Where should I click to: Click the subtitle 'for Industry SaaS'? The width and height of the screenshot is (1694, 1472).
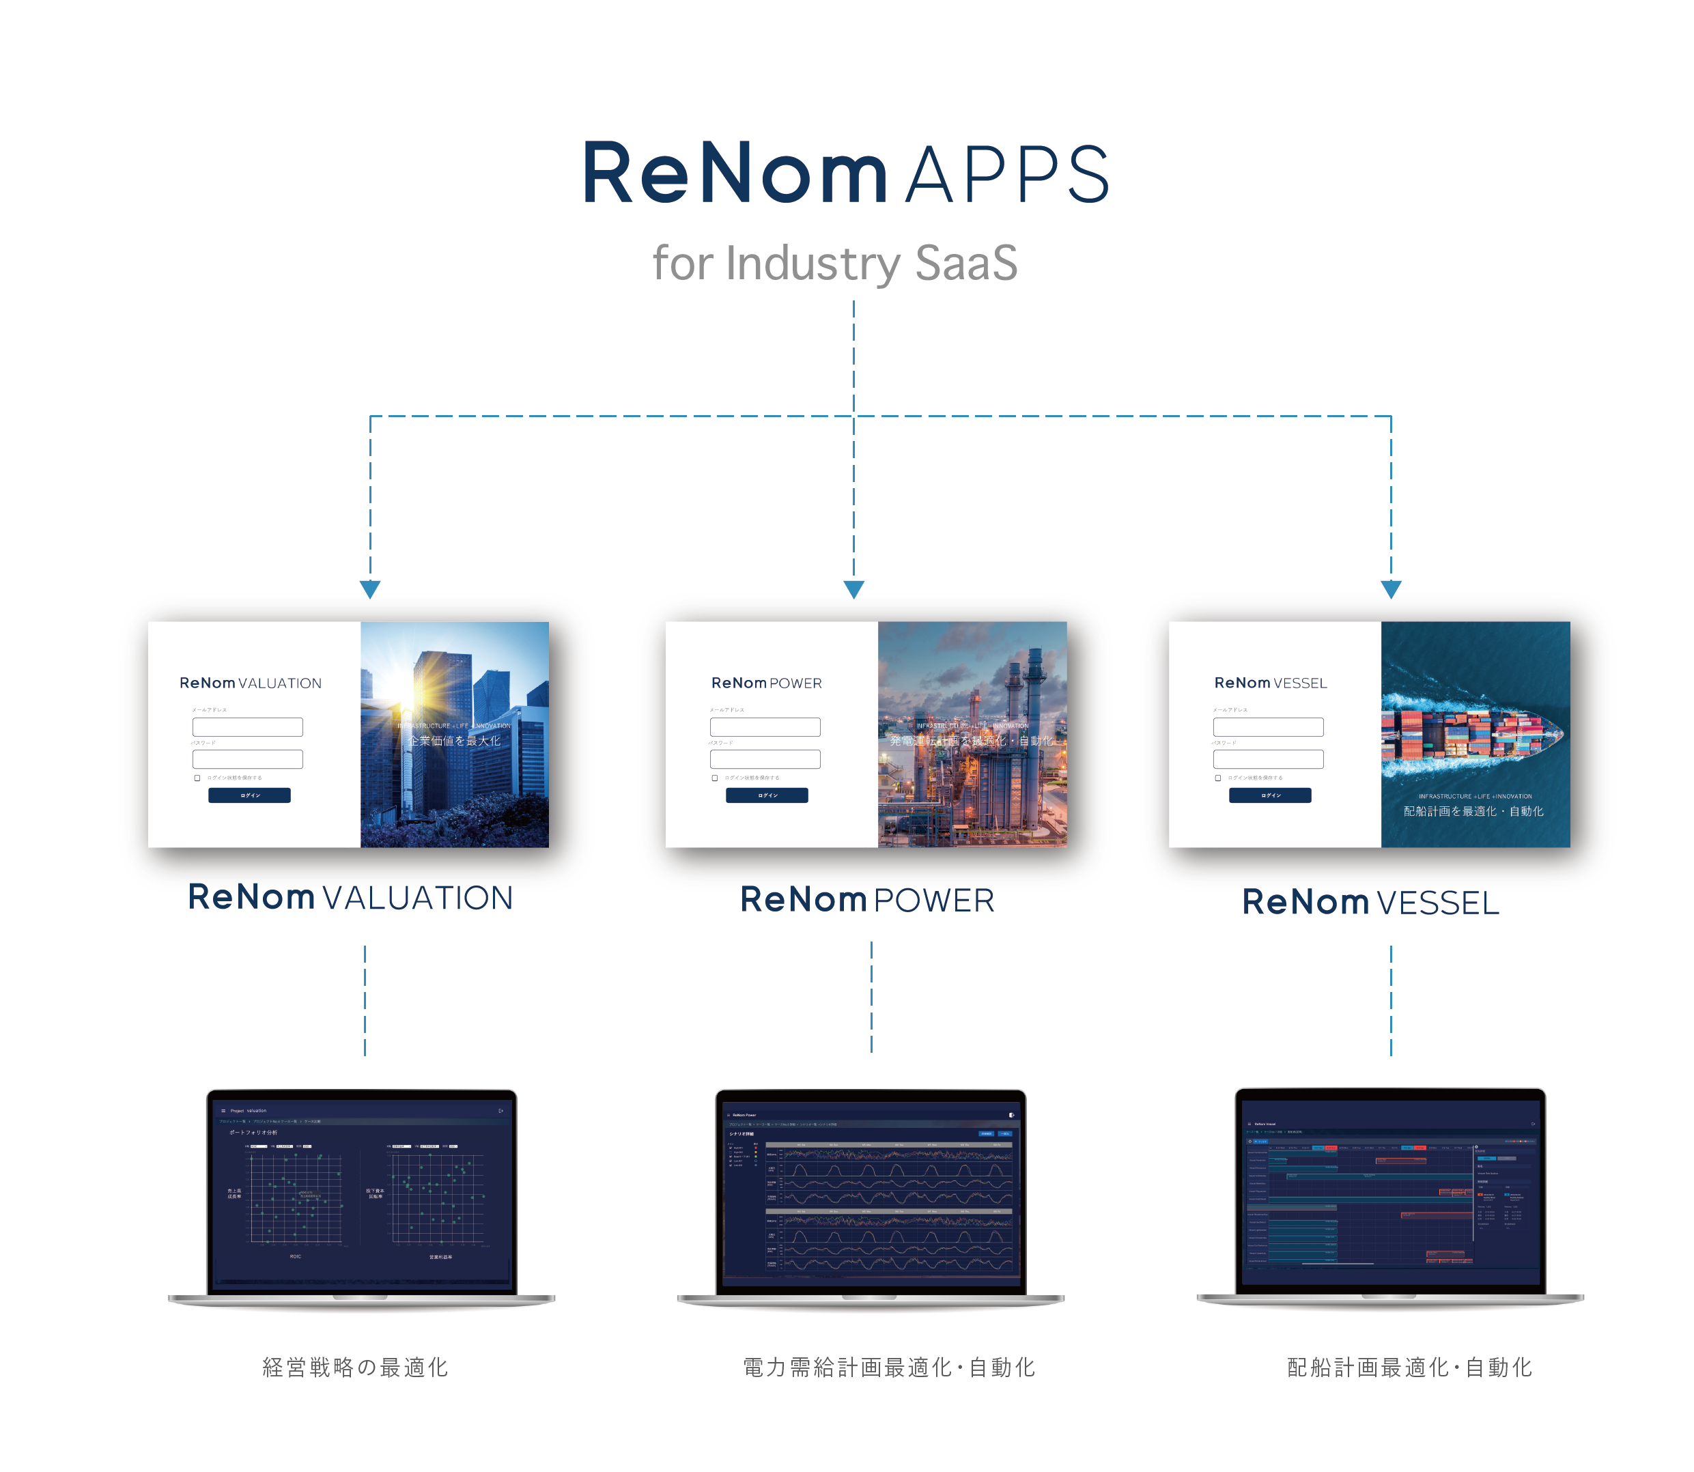[x=834, y=264]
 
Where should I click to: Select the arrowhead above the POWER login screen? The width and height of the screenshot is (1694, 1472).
[x=853, y=589]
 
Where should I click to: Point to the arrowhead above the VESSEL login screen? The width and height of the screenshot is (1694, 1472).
[x=1390, y=589]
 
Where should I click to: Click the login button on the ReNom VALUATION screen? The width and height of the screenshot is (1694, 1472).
[x=249, y=795]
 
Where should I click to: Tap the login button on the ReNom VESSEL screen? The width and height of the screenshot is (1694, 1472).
[x=1269, y=795]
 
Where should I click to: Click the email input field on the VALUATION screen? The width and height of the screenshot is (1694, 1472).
[x=247, y=727]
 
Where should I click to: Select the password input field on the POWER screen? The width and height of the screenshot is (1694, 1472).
[x=765, y=759]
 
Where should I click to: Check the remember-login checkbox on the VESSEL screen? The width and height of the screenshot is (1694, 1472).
[x=1217, y=778]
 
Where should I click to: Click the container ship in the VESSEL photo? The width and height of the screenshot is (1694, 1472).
[x=1471, y=733]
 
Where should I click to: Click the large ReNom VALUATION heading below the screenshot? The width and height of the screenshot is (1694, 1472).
[x=350, y=898]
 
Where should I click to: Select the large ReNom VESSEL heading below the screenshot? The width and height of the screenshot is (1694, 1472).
[x=1370, y=903]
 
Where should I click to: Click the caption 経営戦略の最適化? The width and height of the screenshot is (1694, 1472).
[x=355, y=1368]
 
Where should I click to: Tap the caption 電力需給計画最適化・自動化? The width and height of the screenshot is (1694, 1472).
[x=888, y=1368]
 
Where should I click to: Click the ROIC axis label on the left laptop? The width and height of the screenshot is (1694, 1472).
[x=295, y=1257]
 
